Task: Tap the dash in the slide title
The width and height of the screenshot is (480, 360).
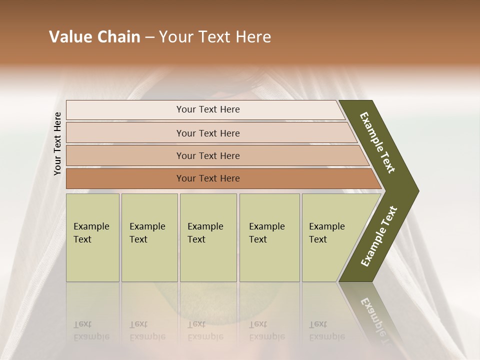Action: click(x=149, y=37)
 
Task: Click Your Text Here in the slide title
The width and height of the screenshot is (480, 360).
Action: click(x=215, y=37)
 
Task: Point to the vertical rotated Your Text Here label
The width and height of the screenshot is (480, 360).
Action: click(x=57, y=143)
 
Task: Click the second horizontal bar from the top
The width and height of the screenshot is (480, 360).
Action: click(x=208, y=133)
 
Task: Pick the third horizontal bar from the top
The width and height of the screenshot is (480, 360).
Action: click(x=208, y=155)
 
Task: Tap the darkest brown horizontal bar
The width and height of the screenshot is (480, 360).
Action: click(x=208, y=178)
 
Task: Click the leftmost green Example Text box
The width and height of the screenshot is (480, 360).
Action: click(x=92, y=237)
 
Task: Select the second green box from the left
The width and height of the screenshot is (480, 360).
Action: click(x=149, y=237)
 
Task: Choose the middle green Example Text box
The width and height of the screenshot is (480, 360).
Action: click(x=208, y=237)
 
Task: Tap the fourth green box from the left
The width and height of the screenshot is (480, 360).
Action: click(x=269, y=237)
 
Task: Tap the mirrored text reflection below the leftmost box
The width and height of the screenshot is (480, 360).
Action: click(x=91, y=330)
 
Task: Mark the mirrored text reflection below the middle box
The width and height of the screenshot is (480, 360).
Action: click(x=205, y=330)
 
